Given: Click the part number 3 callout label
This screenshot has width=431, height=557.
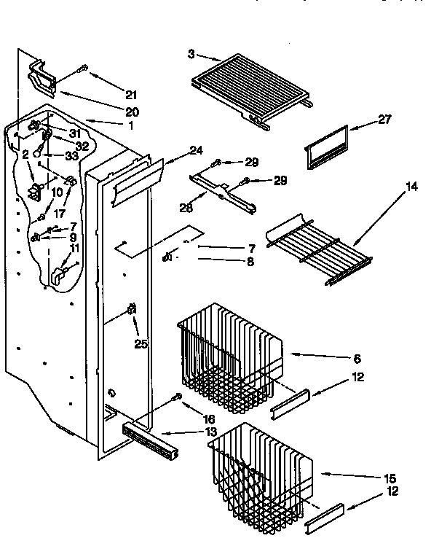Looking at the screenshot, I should pos(191,54).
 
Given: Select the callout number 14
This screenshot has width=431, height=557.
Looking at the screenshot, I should pos(412,187).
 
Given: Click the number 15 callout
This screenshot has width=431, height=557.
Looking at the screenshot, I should pos(390,478).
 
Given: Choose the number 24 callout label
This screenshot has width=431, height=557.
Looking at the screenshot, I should pos(195,151).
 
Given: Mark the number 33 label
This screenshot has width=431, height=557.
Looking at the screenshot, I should pos(71,155).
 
